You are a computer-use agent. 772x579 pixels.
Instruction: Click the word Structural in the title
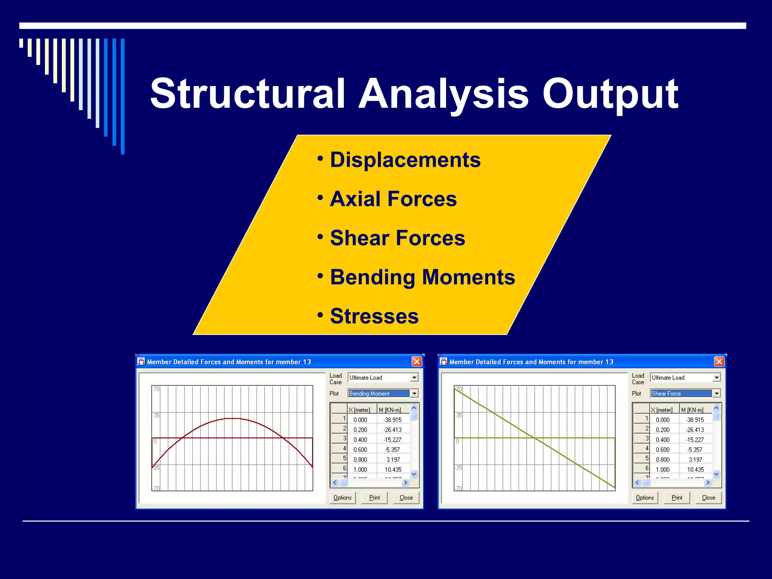[247, 93]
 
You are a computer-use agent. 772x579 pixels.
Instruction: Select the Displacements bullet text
[405, 160]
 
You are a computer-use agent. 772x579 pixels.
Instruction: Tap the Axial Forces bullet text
[393, 199]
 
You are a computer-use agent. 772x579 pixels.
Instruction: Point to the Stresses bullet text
[374, 316]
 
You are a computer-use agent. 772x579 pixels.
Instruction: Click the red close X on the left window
[417, 362]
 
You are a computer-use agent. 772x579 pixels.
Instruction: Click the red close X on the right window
[719, 362]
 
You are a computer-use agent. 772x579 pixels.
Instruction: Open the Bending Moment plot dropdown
[414, 394]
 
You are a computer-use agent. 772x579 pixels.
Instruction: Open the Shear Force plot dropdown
[717, 394]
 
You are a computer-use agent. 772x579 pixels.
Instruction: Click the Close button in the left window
[406, 498]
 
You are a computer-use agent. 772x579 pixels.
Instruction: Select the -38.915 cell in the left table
[392, 420]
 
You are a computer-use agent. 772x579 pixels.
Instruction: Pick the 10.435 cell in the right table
[695, 470]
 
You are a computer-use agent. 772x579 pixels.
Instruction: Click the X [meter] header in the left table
[359, 410]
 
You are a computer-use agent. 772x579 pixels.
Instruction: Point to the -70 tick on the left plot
[156, 488]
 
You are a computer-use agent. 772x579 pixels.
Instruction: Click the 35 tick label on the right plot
[459, 415]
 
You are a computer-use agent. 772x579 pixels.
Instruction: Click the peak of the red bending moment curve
[233, 418]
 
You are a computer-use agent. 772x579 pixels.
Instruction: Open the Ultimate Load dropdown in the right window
[717, 377]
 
